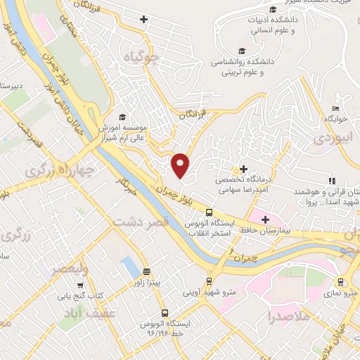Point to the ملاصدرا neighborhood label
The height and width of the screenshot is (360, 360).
point(288,317)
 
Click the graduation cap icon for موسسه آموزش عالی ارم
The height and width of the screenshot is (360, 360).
point(122,117)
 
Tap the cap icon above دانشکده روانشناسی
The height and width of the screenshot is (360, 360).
point(243,51)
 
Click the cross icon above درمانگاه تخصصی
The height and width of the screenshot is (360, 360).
point(243,169)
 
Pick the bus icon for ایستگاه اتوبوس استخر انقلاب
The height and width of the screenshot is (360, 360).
point(209,212)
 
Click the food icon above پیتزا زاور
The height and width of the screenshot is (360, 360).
point(146,271)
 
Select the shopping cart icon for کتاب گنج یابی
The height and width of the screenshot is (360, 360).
point(81,286)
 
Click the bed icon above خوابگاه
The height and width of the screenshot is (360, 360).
point(335,108)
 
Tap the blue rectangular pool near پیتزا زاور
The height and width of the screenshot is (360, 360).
point(129,267)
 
